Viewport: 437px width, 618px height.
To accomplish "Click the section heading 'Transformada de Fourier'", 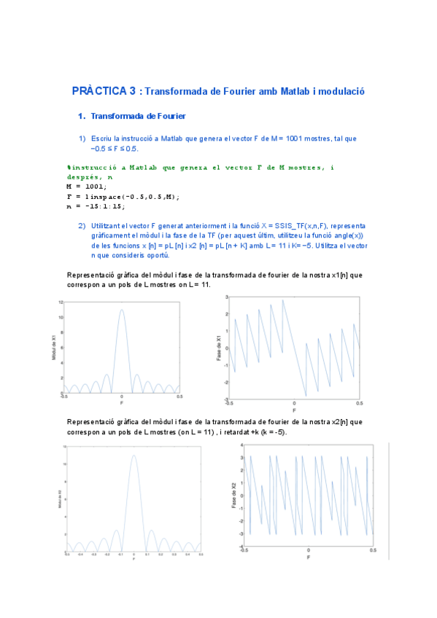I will coord(138,116).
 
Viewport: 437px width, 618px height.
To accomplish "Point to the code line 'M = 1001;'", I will coord(86,187).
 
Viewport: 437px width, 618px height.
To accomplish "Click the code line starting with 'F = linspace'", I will coord(123,196).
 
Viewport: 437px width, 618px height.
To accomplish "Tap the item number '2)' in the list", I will coord(82,226).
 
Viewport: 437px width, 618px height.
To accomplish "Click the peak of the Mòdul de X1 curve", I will coord(122,310).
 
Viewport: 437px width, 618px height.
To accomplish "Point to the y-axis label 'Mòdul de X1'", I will coord(53,347).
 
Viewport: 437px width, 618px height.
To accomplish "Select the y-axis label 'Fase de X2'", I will coord(234,496).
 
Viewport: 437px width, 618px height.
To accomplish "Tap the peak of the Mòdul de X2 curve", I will coord(134,455).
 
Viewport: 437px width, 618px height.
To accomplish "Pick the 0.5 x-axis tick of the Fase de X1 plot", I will coord(359,402).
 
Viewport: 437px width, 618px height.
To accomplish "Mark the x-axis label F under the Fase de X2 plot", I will coord(309,558).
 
